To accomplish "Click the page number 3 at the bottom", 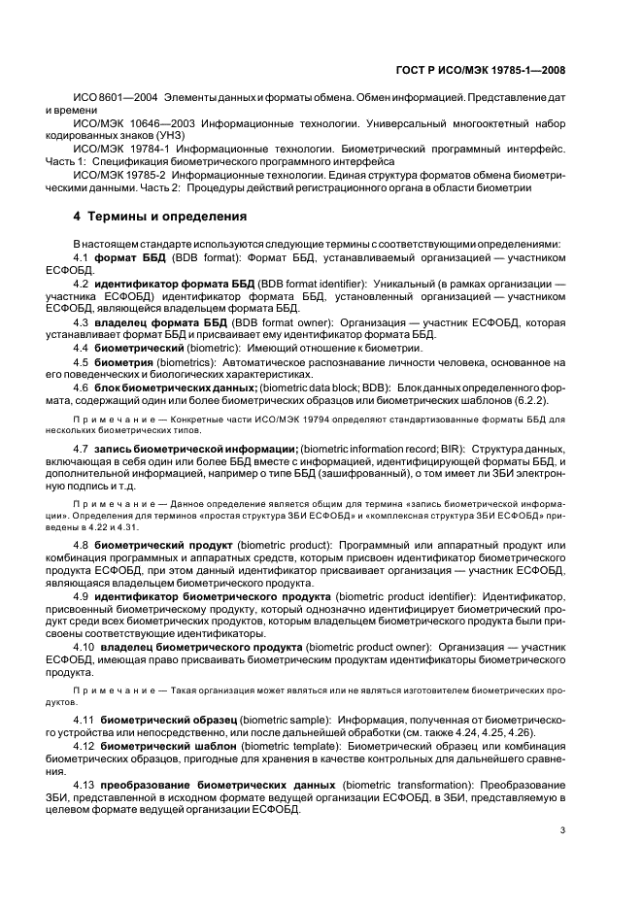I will coord(562,828).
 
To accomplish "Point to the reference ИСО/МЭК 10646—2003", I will coord(134,124).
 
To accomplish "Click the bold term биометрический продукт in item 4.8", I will coord(164,545).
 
